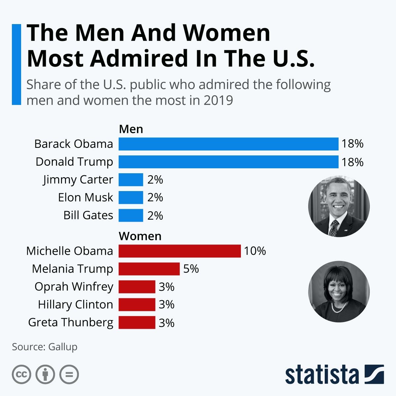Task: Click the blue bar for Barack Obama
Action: click(228, 144)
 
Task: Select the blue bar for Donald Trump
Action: click(228, 162)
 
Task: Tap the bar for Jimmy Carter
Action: click(131, 180)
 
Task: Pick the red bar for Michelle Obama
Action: click(180, 251)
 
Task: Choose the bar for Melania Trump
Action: click(149, 269)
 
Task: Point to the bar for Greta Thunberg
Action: click(137, 322)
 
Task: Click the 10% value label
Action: click(255, 251)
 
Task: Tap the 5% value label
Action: click(191, 269)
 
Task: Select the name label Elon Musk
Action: click(85, 197)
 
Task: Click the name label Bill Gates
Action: click(88, 215)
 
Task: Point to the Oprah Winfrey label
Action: click(74, 286)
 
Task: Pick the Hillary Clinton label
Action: click(75, 304)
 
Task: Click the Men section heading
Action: click(131, 129)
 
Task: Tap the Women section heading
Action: click(140, 236)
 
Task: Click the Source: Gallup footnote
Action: click(45, 347)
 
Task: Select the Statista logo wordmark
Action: click(322, 375)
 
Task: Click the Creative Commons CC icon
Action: click(21, 375)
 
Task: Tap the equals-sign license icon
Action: click(69, 375)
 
